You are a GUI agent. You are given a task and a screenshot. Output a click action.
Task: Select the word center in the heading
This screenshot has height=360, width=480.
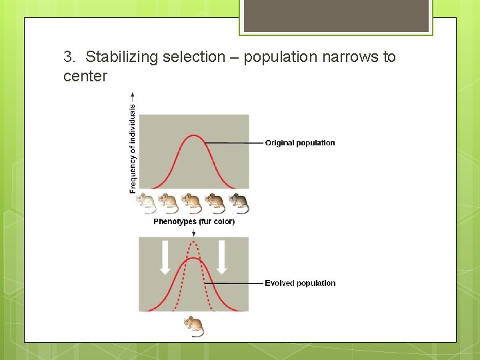point(85,76)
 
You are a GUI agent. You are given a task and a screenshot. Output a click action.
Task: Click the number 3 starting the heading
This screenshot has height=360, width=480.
point(68,57)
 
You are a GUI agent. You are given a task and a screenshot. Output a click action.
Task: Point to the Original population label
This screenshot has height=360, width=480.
point(300,143)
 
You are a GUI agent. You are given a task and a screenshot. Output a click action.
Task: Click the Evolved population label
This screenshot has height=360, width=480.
point(300,283)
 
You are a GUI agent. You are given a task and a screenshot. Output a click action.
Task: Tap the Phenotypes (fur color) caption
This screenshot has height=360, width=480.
point(194,222)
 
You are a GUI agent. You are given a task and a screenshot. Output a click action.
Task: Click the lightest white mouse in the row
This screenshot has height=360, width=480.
point(147,203)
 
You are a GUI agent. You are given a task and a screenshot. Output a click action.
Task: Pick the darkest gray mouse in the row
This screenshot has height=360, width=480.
point(239,203)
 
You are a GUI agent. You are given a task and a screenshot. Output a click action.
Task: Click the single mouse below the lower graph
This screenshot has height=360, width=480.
point(193,326)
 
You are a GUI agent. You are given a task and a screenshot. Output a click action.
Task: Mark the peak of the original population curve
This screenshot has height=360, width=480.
point(193,136)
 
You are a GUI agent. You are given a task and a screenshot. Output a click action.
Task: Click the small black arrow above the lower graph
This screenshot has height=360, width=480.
point(193,232)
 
